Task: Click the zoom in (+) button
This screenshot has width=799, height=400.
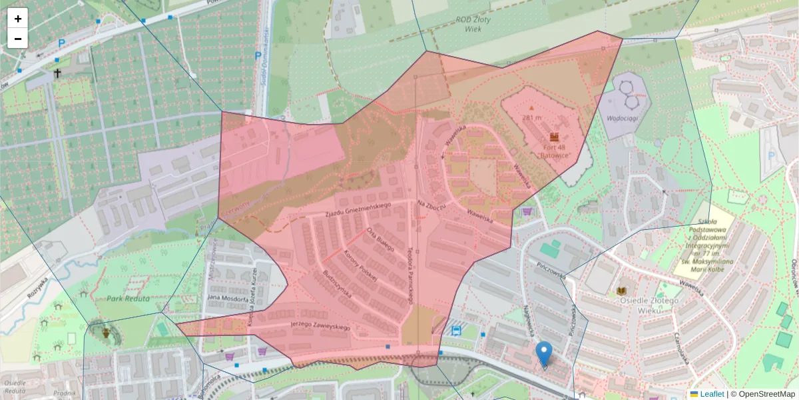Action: point(18,19)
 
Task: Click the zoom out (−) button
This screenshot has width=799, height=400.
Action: point(18,39)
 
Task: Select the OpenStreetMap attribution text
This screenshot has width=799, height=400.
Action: point(762,394)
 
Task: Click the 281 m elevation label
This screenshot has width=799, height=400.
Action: point(532,118)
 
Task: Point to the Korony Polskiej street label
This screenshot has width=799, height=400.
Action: point(360,265)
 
